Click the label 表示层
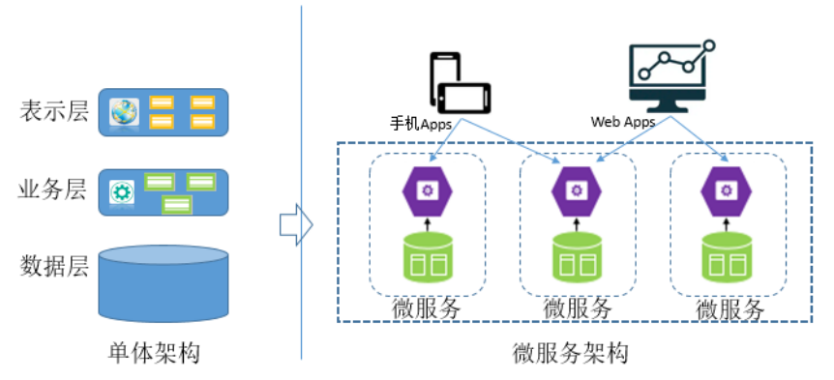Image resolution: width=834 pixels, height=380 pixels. click(53, 111)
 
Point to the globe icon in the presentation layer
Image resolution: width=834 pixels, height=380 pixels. click(124, 112)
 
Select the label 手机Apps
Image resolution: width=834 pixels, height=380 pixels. click(421, 124)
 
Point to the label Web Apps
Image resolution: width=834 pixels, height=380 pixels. click(622, 123)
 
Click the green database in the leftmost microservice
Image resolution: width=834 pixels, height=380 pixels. click(426, 259)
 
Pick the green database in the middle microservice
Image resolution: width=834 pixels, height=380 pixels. click(576, 259)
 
